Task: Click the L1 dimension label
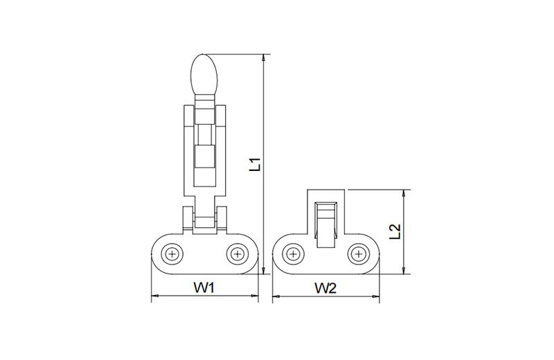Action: click(255, 164)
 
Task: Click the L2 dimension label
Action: click(395, 232)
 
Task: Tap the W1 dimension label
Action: click(204, 288)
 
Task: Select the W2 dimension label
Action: click(325, 288)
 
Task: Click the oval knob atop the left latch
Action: click(204, 75)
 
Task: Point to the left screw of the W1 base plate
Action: click(172, 253)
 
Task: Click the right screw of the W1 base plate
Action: click(238, 253)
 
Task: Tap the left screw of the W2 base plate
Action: click(293, 253)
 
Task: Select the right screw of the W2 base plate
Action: click(359, 253)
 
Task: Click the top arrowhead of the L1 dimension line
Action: click(263, 58)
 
